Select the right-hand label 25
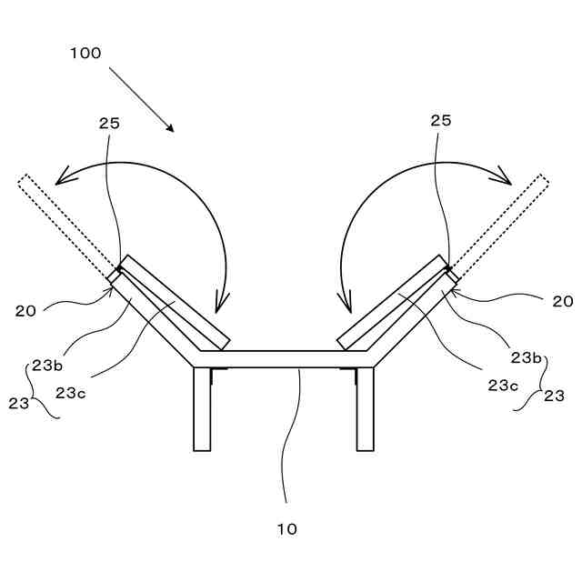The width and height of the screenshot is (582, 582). click(x=440, y=121)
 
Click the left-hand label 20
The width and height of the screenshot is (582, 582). click(x=25, y=310)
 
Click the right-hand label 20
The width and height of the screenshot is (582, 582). click(x=563, y=301)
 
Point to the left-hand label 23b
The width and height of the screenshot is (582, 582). click(x=47, y=365)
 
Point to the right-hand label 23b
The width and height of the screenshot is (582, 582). click(x=525, y=357)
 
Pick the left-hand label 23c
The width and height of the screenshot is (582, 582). click(x=70, y=393)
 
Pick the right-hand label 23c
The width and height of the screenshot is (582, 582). click(x=503, y=385)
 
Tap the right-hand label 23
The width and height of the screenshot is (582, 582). click(x=554, y=396)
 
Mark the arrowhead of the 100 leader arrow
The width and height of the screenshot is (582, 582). click(x=170, y=128)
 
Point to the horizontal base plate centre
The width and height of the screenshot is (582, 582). click(x=284, y=358)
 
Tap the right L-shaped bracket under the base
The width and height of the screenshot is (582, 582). click(x=348, y=373)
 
